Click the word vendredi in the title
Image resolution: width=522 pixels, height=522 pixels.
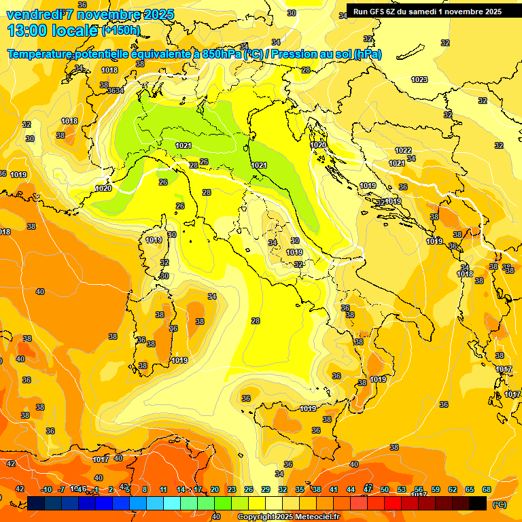click(x=32, y=14)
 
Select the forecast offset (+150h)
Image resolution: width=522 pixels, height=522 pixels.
click(x=120, y=31)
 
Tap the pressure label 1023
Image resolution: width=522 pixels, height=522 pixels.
click(x=419, y=80)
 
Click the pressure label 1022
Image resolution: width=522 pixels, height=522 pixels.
click(x=403, y=150)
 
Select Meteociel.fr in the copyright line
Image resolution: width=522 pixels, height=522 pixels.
click(x=316, y=517)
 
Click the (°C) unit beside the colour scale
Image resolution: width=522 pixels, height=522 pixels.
click(x=499, y=505)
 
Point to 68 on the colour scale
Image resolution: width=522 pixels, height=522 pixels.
click(x=487, y=489)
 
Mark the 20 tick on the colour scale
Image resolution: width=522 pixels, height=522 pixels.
click(x=215, y=489)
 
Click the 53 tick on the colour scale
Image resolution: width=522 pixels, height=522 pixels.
click(x=402, y=489)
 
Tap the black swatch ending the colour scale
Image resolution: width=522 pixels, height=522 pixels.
click(x=478, y=503)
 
